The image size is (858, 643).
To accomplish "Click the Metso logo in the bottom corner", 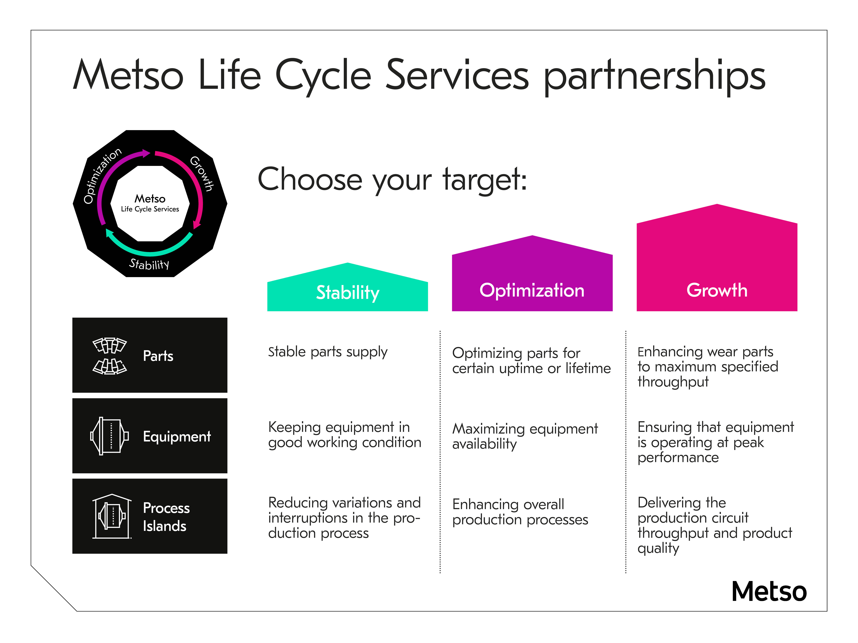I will coord(769,592).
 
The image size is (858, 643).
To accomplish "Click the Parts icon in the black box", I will coord(110,356).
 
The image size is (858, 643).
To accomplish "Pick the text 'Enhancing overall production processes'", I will coord(520,512).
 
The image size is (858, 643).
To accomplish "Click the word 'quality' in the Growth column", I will coord(658,548).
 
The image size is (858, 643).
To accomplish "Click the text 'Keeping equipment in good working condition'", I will coord(344,434).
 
